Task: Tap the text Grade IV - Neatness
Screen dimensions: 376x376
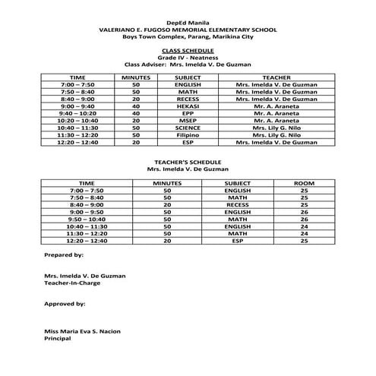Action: (x=188, y=57)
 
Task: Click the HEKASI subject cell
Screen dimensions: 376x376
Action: (x=188, y=106)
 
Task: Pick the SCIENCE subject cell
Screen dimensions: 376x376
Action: (x=188, y=128)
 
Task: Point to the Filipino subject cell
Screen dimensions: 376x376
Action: (x=188, y=134)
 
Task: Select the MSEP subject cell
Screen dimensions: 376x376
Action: (x=188, y=120)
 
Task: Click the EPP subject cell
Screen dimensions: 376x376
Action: (x=188, y=113)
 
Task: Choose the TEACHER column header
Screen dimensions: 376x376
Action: (x=276, y=77)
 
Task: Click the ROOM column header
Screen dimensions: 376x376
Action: (x=304, y=183)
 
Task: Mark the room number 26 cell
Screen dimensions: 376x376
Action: (x=304, y=211)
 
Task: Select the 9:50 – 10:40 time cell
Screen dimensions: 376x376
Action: (x=87, y=219)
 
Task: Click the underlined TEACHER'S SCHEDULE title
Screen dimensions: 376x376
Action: (x=188, y=162)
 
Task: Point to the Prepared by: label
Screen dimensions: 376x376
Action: (x=64, y=254)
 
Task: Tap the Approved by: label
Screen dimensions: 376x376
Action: (x=65, y=303)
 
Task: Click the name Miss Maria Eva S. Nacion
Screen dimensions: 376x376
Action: (x=82, y=332)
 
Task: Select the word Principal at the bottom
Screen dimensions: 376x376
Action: (x=58, y=339)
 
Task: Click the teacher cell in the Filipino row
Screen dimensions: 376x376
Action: (x=276, y=134)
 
